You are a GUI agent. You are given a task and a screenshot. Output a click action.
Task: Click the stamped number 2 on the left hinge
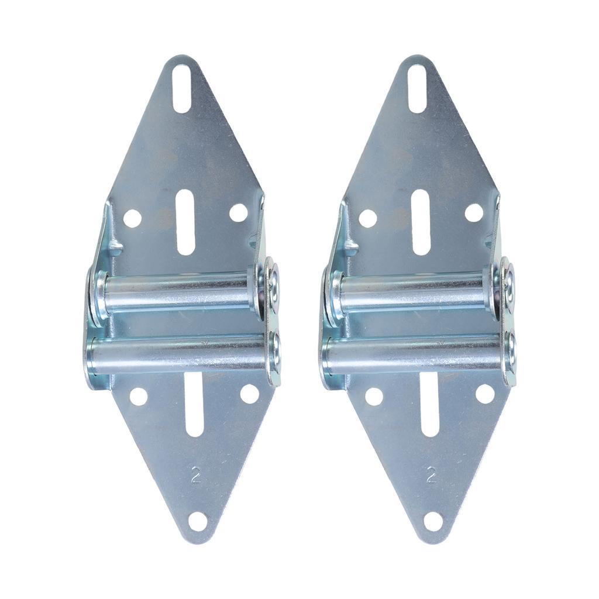[x=196, y=475]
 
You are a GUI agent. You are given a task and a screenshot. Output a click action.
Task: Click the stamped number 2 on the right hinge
[x=432, y=474]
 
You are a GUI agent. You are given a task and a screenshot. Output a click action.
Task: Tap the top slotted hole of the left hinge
[x=182, y=88]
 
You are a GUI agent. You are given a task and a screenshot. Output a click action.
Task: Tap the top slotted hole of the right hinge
[x=417, y=88]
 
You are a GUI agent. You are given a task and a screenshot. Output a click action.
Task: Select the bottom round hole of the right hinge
[x=433, y=521]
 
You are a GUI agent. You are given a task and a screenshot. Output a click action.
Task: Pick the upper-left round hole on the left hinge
[x=133, y=218]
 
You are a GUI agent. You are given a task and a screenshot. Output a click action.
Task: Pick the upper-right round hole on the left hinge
[x=238, y=213]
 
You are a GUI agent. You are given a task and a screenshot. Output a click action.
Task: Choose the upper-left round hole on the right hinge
[x=367, y=218]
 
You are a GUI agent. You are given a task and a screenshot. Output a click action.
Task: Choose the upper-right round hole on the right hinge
[x=474, y=213]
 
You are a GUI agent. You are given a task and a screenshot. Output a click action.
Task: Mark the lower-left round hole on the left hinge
[x=139, y=397]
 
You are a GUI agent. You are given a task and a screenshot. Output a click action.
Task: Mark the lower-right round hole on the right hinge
[x=484, y=393]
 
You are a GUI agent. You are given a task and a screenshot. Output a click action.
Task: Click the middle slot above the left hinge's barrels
[x=185, y=222]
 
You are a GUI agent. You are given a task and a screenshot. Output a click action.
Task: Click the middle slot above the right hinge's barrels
[x=421, y=222]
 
